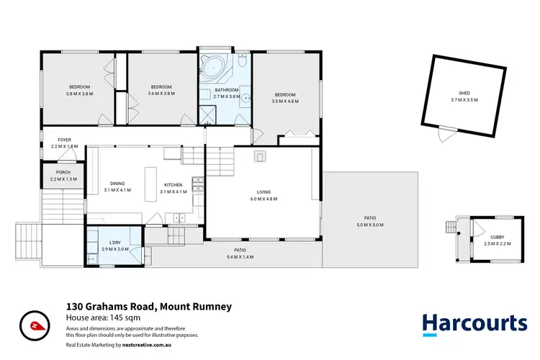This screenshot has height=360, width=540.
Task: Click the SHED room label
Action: (464, 92)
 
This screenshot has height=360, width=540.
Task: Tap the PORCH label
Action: (63, 172)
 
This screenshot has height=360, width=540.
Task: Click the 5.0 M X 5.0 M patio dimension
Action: (370, 225)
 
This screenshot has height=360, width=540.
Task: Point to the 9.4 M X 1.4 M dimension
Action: (240, 257)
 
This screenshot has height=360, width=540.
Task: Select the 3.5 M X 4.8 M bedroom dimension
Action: (285, 101)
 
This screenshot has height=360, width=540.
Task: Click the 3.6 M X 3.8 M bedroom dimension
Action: (161, 93)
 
